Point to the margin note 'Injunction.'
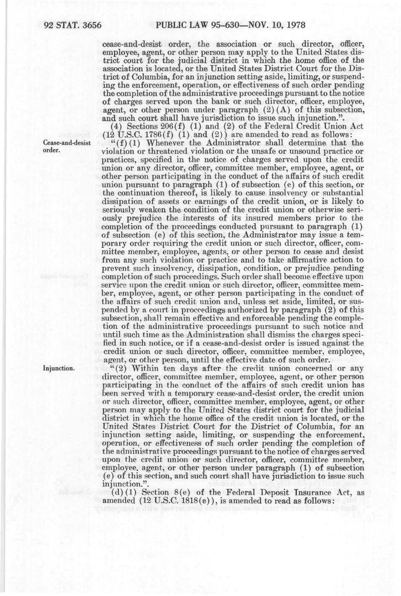pos(59,369)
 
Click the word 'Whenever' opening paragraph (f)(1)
pos(160,143)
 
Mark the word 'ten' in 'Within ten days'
pos(169,369)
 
